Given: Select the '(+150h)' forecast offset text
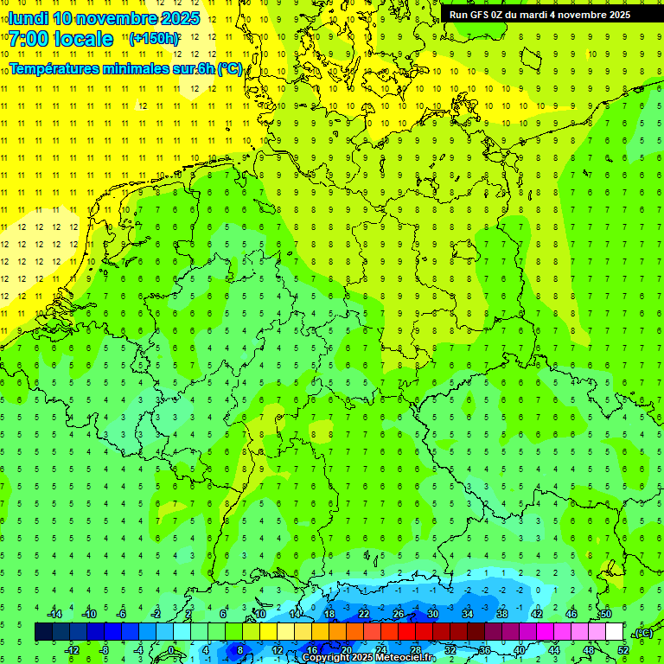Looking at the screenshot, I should [154, 39].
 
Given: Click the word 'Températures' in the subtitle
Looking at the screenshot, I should [61, 68].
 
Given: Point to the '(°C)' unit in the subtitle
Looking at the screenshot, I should [230, 68].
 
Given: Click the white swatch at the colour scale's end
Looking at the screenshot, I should [615, 632].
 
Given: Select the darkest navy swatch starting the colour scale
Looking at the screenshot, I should [43, 632].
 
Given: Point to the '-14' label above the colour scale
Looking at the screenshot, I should [54, 614].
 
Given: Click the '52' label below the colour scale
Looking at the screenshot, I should [623, 650].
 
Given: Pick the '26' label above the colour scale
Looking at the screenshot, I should [399, 614].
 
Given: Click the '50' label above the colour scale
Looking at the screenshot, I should [605, 614].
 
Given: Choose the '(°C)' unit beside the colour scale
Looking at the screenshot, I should [642, 633].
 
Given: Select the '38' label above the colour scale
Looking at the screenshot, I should [502, 614].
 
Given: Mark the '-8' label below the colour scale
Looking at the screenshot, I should [105, 650].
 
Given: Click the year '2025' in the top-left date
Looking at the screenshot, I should [179, 18].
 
